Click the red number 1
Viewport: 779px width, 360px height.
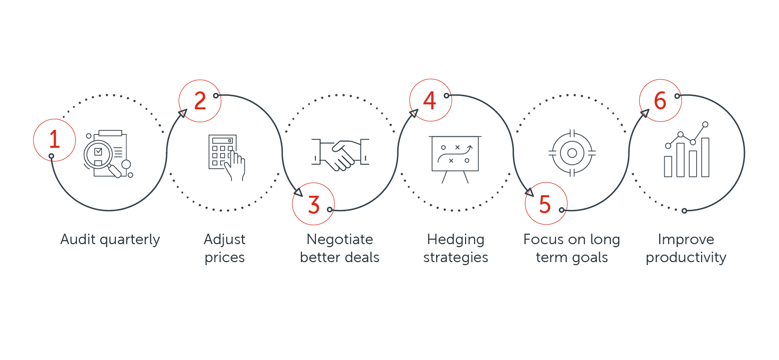[54, 139]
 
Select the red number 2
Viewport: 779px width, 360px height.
[200, 101]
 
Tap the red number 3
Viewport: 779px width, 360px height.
[314, 205]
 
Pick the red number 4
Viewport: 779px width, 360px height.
[430, 100]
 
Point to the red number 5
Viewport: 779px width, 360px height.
[545, 204]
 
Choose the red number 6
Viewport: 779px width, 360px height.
[660, 100]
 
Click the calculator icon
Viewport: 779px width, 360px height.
[227, 158]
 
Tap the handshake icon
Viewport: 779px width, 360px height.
[340, 155]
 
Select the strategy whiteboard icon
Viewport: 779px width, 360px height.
[455, 159]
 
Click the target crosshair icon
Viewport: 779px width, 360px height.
[572, 153]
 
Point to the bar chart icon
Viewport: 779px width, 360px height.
[687, 150]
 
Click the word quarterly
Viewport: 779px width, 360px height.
[130, 240]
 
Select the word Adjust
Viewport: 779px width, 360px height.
[224, 240]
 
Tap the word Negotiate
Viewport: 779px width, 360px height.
[340, 240]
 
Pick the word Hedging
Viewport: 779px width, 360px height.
[456, 240]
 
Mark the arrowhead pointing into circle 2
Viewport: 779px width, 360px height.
[183, 113]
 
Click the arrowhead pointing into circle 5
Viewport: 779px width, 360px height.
[529, 192]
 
